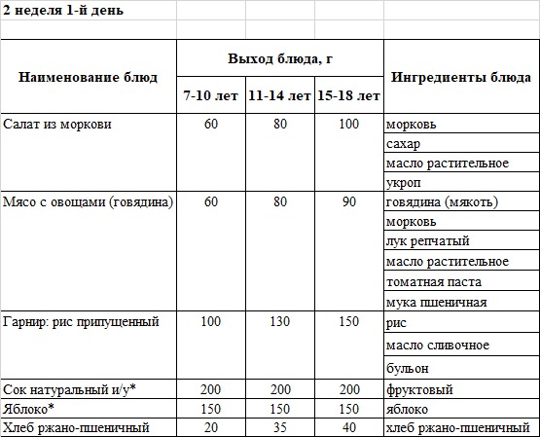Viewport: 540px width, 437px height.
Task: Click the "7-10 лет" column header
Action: [209, 96]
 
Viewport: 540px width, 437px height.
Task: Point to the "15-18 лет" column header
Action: [348, 96]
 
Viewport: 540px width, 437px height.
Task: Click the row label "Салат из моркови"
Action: [58, 126]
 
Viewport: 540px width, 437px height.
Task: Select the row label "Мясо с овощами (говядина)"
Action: [89, 202]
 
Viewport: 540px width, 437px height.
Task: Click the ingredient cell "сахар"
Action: [403, 144]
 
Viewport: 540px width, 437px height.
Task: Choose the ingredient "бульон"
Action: [408, 369]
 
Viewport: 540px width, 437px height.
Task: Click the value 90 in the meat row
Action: [349, 202]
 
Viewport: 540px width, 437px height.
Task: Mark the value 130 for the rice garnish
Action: [280, 320]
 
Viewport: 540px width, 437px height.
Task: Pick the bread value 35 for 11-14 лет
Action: [280, 427]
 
